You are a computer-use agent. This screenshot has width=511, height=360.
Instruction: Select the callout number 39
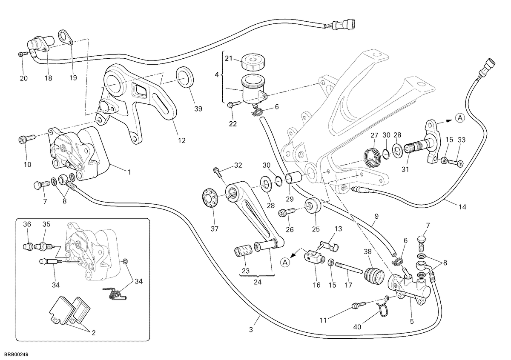[198, 109]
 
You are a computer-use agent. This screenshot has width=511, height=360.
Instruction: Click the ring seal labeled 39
[184, 77]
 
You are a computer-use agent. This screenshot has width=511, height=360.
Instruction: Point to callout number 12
[182, 140]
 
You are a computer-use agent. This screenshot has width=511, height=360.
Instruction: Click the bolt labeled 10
[27, 139]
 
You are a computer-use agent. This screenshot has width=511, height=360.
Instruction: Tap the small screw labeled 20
[23, 54]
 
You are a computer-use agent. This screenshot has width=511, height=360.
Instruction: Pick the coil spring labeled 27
[371, 157]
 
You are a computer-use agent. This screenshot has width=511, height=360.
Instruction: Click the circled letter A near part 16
[285, 263]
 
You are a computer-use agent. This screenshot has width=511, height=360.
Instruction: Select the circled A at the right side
[460, 118]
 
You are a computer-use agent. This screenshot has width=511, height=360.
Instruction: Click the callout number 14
[462, 207]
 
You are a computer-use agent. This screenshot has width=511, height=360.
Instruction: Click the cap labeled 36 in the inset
[27, 246]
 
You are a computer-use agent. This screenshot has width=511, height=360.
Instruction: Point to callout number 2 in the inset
[94, 333]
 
